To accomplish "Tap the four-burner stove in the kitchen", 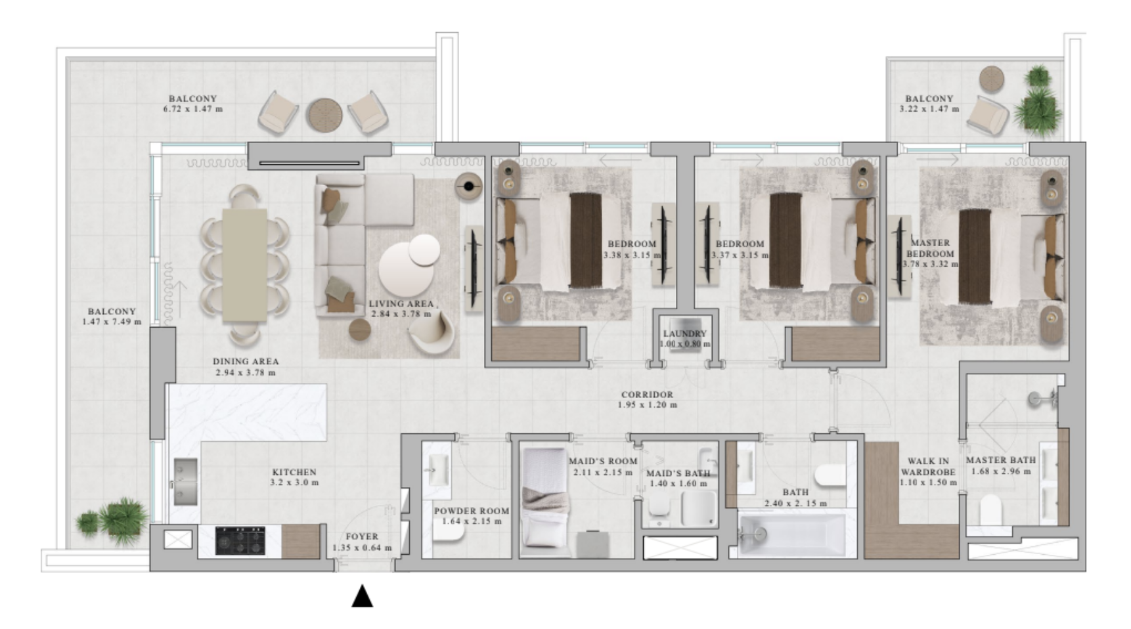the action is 240,541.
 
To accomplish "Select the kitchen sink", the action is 185,481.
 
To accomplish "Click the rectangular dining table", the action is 244,265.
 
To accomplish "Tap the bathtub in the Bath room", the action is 791,534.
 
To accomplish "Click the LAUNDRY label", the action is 685,334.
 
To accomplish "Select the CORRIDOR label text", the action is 648,395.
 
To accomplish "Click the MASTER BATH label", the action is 1000,460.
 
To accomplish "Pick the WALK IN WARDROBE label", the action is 928,466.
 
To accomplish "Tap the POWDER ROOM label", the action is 472,511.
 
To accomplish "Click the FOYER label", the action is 362,536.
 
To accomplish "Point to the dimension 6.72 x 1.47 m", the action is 193,109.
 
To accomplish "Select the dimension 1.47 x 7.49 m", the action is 112,322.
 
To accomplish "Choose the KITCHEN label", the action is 294,472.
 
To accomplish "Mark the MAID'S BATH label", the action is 678,473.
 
